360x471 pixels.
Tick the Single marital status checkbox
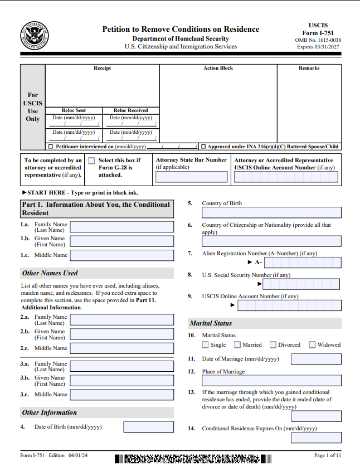(206, 344)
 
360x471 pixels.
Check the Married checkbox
(237, 344)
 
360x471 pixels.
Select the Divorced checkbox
(273, 344)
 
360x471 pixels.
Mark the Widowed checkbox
(312, 344)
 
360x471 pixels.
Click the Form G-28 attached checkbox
(91, 161)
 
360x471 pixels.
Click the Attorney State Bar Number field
(191, 177)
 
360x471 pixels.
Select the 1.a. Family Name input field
(121, 227)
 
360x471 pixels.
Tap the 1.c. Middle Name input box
(121, 255)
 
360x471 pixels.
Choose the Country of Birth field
(271, 212)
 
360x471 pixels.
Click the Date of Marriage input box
(316, 359)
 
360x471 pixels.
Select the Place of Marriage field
(271, 381)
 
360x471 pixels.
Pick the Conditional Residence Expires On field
(316, 438)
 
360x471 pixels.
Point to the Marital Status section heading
(211, 323)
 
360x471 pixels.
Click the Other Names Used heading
(50, 273)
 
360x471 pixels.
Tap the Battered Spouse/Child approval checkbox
(203, 147)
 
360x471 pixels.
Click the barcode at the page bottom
(193, 459)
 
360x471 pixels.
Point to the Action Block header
(218, 68)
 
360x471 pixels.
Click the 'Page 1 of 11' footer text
(327, 455)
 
